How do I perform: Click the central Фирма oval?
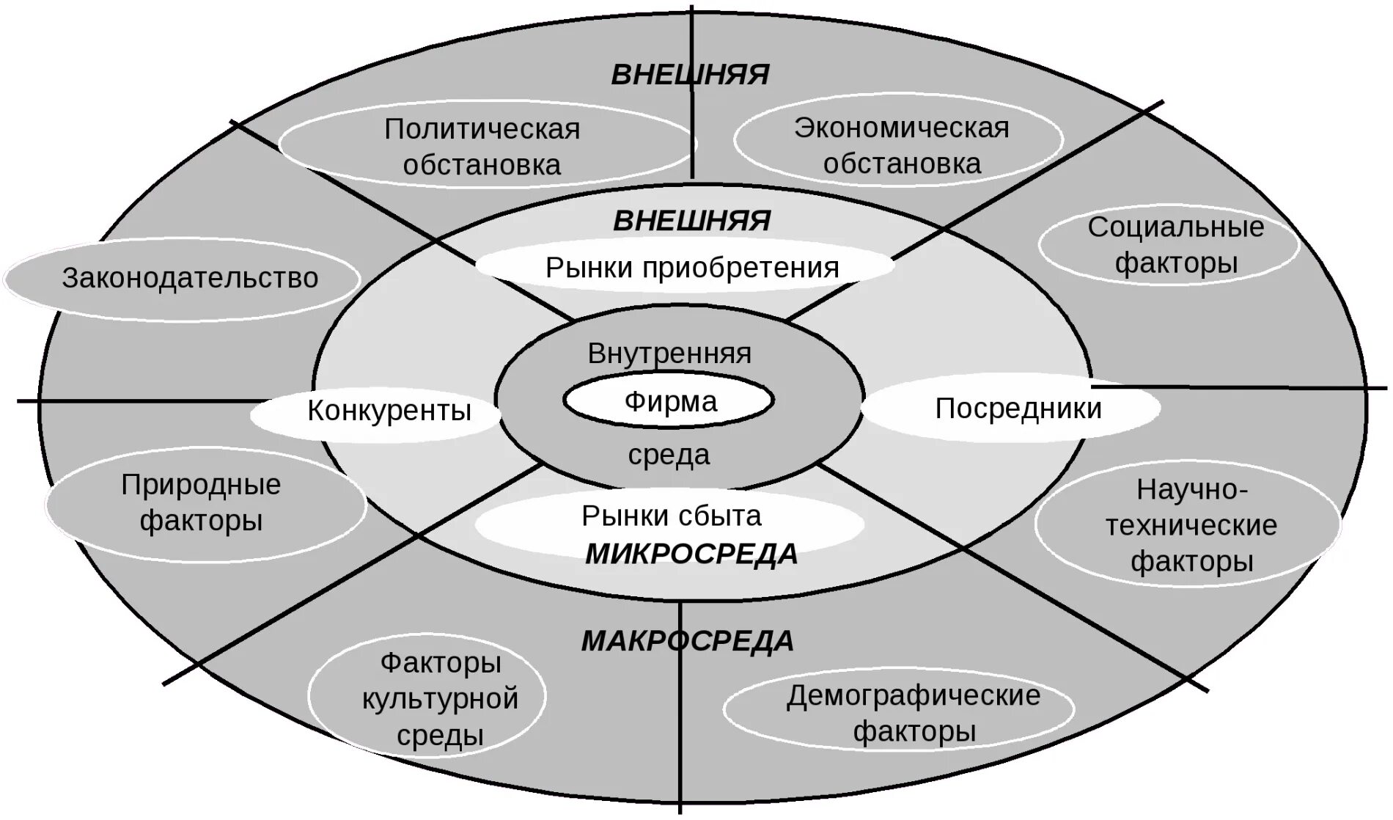669,401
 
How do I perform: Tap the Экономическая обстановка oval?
901,145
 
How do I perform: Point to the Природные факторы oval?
202,502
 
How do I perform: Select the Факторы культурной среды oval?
440,698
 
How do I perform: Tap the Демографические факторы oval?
913,713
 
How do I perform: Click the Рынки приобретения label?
691,268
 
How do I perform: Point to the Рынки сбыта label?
672,516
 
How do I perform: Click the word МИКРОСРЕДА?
691,554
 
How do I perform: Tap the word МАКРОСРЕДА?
688,641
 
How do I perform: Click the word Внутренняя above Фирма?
669,354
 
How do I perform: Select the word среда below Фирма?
669,455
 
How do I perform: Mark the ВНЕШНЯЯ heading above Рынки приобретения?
691,220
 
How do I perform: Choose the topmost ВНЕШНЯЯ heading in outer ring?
690,75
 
